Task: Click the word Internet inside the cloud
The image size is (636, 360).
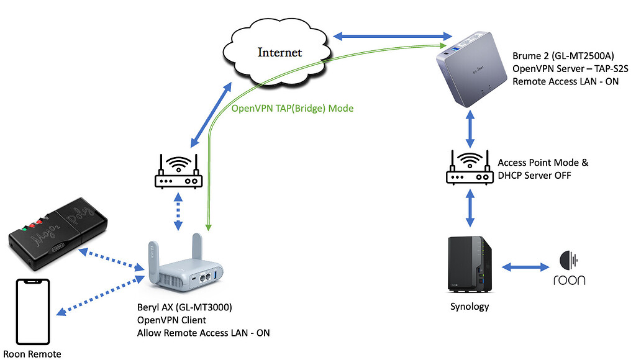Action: (x=279, y=52)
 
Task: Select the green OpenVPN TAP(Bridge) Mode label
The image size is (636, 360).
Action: (x=292, y=109)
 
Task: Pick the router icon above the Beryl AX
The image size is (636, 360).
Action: (x=178, y=173)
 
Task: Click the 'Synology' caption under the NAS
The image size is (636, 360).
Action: (x=470, y=307)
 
